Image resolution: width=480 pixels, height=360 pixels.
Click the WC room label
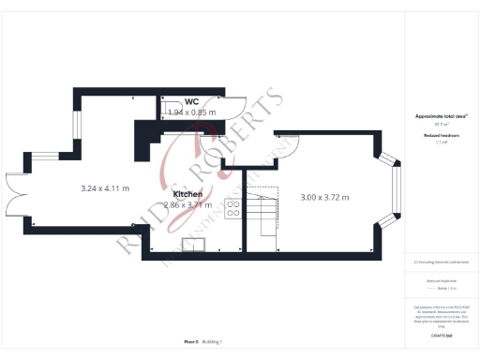[191, 101]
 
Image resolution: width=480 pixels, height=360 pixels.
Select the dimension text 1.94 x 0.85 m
[191, 112]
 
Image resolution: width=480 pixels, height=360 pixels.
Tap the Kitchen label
[188, 194]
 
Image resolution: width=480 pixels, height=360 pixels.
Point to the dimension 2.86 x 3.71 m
[188, 204]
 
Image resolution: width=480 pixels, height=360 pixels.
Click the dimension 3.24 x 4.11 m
[105, 188]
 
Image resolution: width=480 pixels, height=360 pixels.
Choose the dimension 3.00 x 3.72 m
[324, 198]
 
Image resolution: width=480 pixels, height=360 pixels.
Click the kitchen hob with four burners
[232, 208]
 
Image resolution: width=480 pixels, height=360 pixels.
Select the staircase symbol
[266, 214]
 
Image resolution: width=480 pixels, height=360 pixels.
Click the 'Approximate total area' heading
[441, 116]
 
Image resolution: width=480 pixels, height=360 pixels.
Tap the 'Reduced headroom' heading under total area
[441, 135]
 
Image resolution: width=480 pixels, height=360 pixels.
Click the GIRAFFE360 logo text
[441, 335]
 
